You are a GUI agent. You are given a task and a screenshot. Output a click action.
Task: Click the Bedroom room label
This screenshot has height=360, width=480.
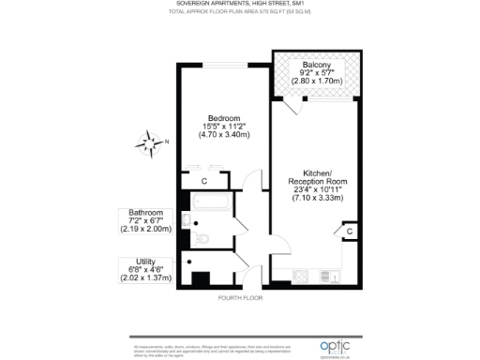click(222, 117)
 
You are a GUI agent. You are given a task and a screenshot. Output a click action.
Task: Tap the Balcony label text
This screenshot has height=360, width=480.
click(313, 64)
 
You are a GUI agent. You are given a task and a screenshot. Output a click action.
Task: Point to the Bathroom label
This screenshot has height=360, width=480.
click(139, 213)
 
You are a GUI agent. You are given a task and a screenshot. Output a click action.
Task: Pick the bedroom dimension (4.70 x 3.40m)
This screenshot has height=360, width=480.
click(222, 134)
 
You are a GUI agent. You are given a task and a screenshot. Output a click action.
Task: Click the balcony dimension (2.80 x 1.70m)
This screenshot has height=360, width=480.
click(313, 81)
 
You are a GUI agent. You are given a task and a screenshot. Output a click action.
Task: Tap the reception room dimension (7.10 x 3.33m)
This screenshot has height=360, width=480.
click(316, 198)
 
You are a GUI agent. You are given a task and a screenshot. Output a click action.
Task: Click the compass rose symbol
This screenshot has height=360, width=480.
click(148, 144)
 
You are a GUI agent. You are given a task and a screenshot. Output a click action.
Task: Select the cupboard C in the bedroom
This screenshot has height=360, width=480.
click(204, 181)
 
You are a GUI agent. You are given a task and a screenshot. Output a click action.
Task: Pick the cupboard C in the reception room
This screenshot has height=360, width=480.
click(349, 231)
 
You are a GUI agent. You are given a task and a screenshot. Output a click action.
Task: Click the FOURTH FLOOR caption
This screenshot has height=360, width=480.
click(240, 297)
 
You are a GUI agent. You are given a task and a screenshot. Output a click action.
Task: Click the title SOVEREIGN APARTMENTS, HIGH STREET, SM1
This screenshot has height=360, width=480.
click(240, 5)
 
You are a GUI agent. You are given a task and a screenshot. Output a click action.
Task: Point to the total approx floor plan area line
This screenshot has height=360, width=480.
click(240, 13)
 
